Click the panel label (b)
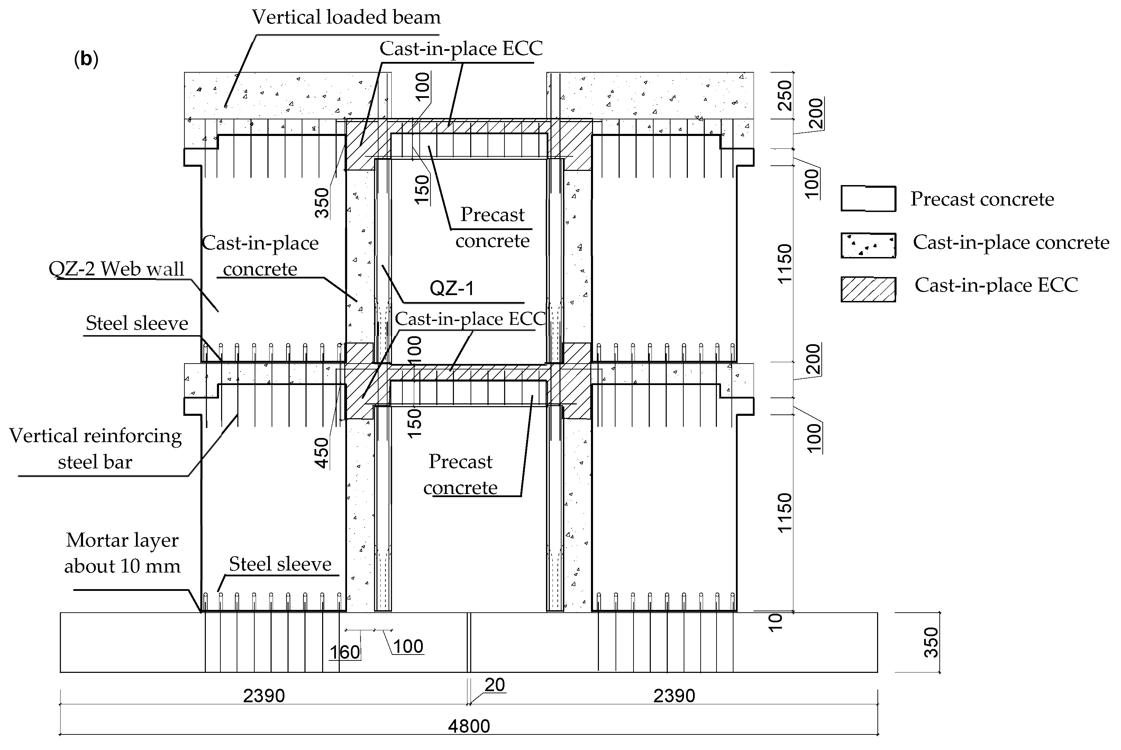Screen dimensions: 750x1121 [86, 59]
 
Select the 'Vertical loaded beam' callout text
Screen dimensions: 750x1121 [346, 18]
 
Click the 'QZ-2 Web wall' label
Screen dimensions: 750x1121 [116, 269]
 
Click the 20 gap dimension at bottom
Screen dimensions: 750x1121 [494, 685]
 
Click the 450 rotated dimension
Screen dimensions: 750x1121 [322, 452]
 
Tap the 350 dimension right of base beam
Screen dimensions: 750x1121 [931, 642]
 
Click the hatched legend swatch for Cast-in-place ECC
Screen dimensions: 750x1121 [868, 290]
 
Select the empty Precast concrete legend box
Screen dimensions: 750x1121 [868, 199]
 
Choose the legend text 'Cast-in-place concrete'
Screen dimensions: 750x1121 [1011, 243]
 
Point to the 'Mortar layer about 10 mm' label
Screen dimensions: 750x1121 [122, 553]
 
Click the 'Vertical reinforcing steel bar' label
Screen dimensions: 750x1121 [95, 449]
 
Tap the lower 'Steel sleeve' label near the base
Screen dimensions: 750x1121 [280, 564]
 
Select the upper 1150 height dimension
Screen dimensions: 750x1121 [785, 264]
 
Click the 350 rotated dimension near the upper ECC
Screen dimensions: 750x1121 [322, 203]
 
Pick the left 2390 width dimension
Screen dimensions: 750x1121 [264, 695]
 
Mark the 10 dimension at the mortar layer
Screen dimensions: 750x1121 [775, 622]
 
